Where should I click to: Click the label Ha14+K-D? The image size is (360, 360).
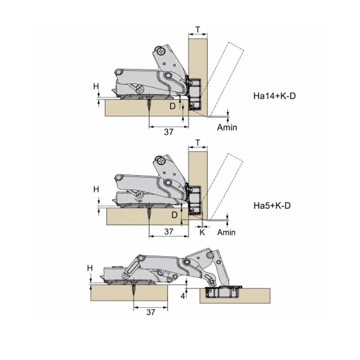click(x=274, y=96)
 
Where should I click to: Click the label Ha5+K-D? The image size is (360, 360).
click(x=272, y=205)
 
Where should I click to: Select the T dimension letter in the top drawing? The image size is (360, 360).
click(x=197, y=29)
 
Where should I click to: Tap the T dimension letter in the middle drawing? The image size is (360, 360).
click(x=197, y=143)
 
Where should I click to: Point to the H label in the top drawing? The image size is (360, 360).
click(x=96, y=86)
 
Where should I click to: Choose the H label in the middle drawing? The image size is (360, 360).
click(x=96, y=190)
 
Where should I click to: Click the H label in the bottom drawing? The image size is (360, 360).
click(x=90, y=268)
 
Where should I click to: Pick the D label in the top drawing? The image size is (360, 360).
click(x=172, y=106)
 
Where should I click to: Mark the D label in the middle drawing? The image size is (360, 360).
click(x=175, y=215)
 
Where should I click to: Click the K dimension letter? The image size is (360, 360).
click(x=202, y=232)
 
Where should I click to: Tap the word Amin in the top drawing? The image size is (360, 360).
click(x=227, y=127)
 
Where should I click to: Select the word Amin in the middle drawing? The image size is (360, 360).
click(x=226, y=232)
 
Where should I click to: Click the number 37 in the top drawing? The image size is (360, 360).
click(x=169, y=132)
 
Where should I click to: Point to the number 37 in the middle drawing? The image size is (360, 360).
click(x=169, y=232)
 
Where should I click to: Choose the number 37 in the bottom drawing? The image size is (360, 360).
click(x=151, y=312)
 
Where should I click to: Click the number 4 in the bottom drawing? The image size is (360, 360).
click(x=183, y=296)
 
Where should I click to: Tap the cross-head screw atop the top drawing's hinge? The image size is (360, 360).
click(x=161, y=51)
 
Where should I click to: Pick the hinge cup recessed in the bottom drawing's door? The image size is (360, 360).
click(x=223, y=292)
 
